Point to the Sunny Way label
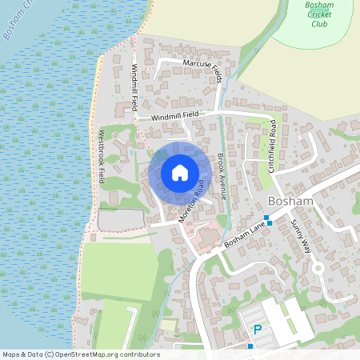pos(301,236)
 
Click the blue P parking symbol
pos(258,330)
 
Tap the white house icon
pos(180,173)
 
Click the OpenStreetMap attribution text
pos(81,354)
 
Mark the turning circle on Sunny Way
pos(318,267)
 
